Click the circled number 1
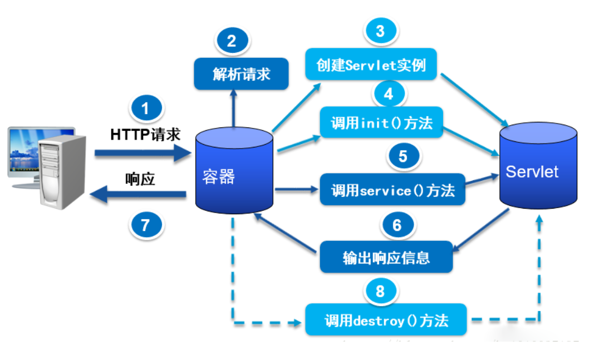click(x=146, y=108)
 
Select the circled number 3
click(x=380, y=31)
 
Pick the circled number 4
click(x=389, y=94)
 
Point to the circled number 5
click(x=402, y=157)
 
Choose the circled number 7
click(x=146, y=225)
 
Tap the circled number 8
click(x=380, y=291)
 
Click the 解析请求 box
click(x=241, y=73)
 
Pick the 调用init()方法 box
click(x=381, y=122)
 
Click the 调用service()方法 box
click(x=392, y=190)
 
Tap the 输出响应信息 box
click(x=386, y=257)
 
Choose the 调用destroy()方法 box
click(x=386, y=320)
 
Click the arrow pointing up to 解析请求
click(x=234, y=109)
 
